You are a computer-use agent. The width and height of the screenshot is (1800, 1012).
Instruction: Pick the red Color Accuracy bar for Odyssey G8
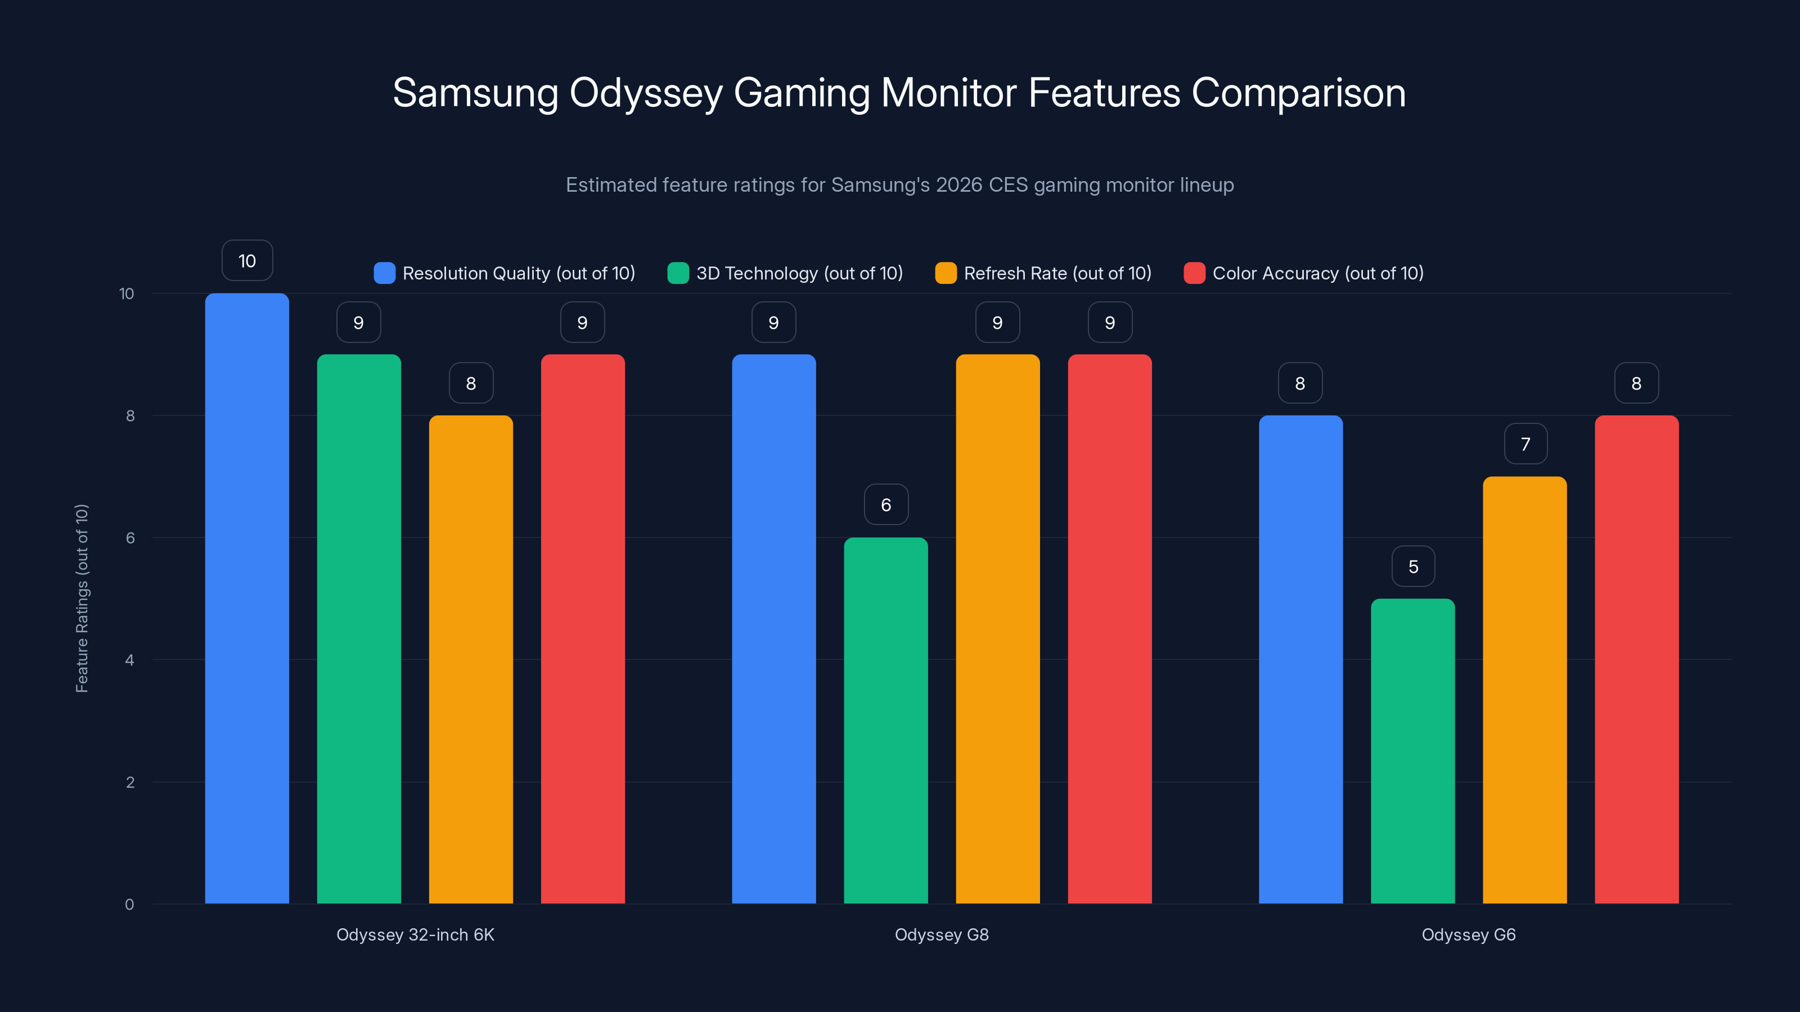1110,629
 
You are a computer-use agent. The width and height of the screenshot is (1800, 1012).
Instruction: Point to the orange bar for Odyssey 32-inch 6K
470,659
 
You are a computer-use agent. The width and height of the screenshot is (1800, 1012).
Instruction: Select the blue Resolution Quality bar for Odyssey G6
1300,659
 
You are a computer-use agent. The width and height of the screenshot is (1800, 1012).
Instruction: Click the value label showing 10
247,260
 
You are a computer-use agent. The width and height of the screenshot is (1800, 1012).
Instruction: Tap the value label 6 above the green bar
886,504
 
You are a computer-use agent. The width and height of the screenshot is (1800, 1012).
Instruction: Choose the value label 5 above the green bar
1413,566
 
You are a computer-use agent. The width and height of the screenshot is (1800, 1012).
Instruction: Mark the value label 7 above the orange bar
1525,444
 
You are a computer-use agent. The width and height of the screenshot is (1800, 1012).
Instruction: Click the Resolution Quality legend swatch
384,273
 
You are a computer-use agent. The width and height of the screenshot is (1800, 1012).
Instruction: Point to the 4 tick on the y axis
129,660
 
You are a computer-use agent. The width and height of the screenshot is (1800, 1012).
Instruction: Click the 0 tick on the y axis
129,905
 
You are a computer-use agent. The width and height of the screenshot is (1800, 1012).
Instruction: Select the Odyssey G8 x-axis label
941,934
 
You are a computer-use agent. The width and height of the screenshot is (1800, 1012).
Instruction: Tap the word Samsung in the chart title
475,93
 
